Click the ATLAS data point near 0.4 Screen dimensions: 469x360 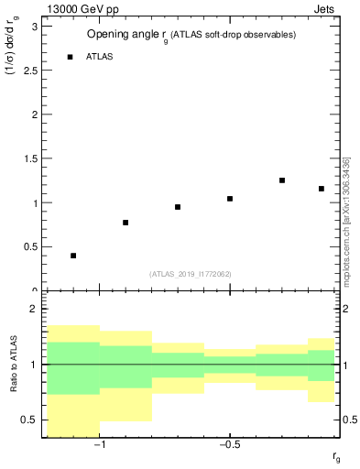click(73, 256)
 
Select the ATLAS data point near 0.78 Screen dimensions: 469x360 click(125, 223)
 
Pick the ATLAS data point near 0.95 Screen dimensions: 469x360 click(178, 207)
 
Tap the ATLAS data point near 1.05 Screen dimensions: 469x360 click(230, 199)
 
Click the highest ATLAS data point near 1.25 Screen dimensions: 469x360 click(282, 180)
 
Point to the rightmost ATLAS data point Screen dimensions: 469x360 click(322, 189)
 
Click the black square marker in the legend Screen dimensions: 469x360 click(70, 57)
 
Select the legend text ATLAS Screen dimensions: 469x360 click(99, 57)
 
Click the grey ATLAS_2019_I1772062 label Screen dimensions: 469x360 click(191, 274)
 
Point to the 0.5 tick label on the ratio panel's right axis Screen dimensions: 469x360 click(349, 420)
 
